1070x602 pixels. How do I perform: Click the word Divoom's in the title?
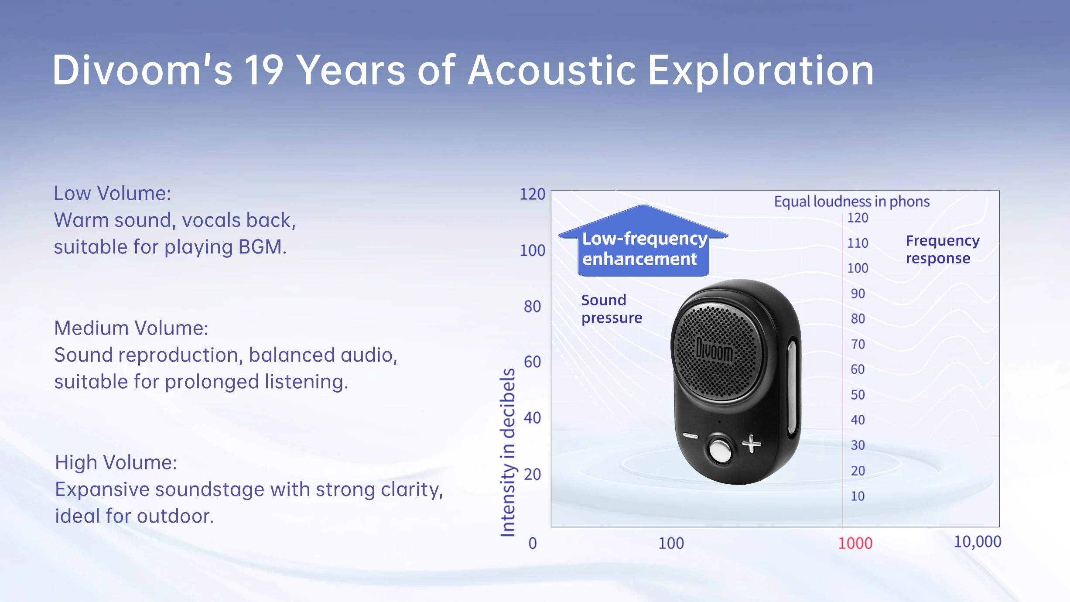pos(142,70)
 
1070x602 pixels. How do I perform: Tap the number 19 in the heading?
pos(263,70)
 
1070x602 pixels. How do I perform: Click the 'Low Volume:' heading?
pos(113,193)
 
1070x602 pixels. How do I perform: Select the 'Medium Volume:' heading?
pos(131,328)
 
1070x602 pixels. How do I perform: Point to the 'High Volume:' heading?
pos(116,462)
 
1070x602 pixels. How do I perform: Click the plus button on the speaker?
pos(751,444)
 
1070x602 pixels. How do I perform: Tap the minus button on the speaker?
pos(691,436)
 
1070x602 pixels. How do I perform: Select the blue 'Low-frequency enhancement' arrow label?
pos(643,241)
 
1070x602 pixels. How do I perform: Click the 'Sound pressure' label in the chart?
pos(612,309)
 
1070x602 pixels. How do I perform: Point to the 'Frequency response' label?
pos(943,249)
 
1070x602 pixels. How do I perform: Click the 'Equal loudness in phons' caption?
pos(851,202)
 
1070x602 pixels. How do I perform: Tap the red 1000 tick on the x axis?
pos(855,543)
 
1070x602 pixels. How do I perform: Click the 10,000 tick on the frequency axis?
pos(977,541)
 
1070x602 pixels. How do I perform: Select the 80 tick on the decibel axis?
pos(532,306)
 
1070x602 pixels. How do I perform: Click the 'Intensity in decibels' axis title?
pos(508,452)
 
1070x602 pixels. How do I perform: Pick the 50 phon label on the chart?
pos(858,394)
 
